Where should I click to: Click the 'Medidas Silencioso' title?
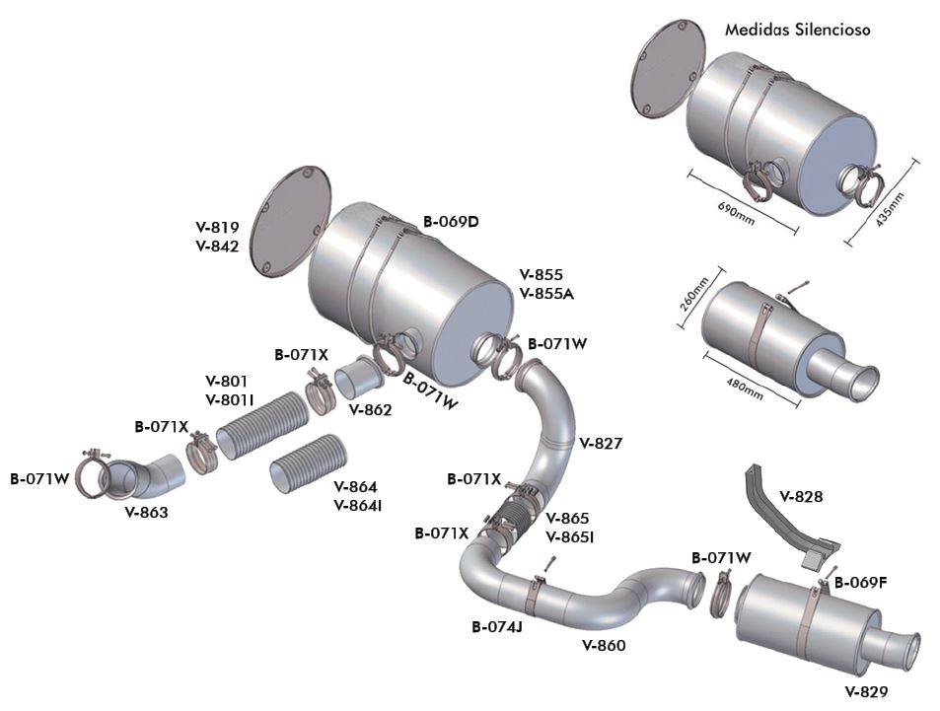[x=797, y=30]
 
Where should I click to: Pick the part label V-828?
[x=802, y=495]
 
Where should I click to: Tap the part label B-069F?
[x=860, y=582]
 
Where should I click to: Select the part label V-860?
[x=604, y=645]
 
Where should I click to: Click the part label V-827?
[x=602, y=443]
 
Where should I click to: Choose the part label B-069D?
[x=451, y=221]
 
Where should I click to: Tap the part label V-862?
[x=371, y=409]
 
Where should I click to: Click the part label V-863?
[x=146, y=512]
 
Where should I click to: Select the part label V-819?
[x=217, y=227]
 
